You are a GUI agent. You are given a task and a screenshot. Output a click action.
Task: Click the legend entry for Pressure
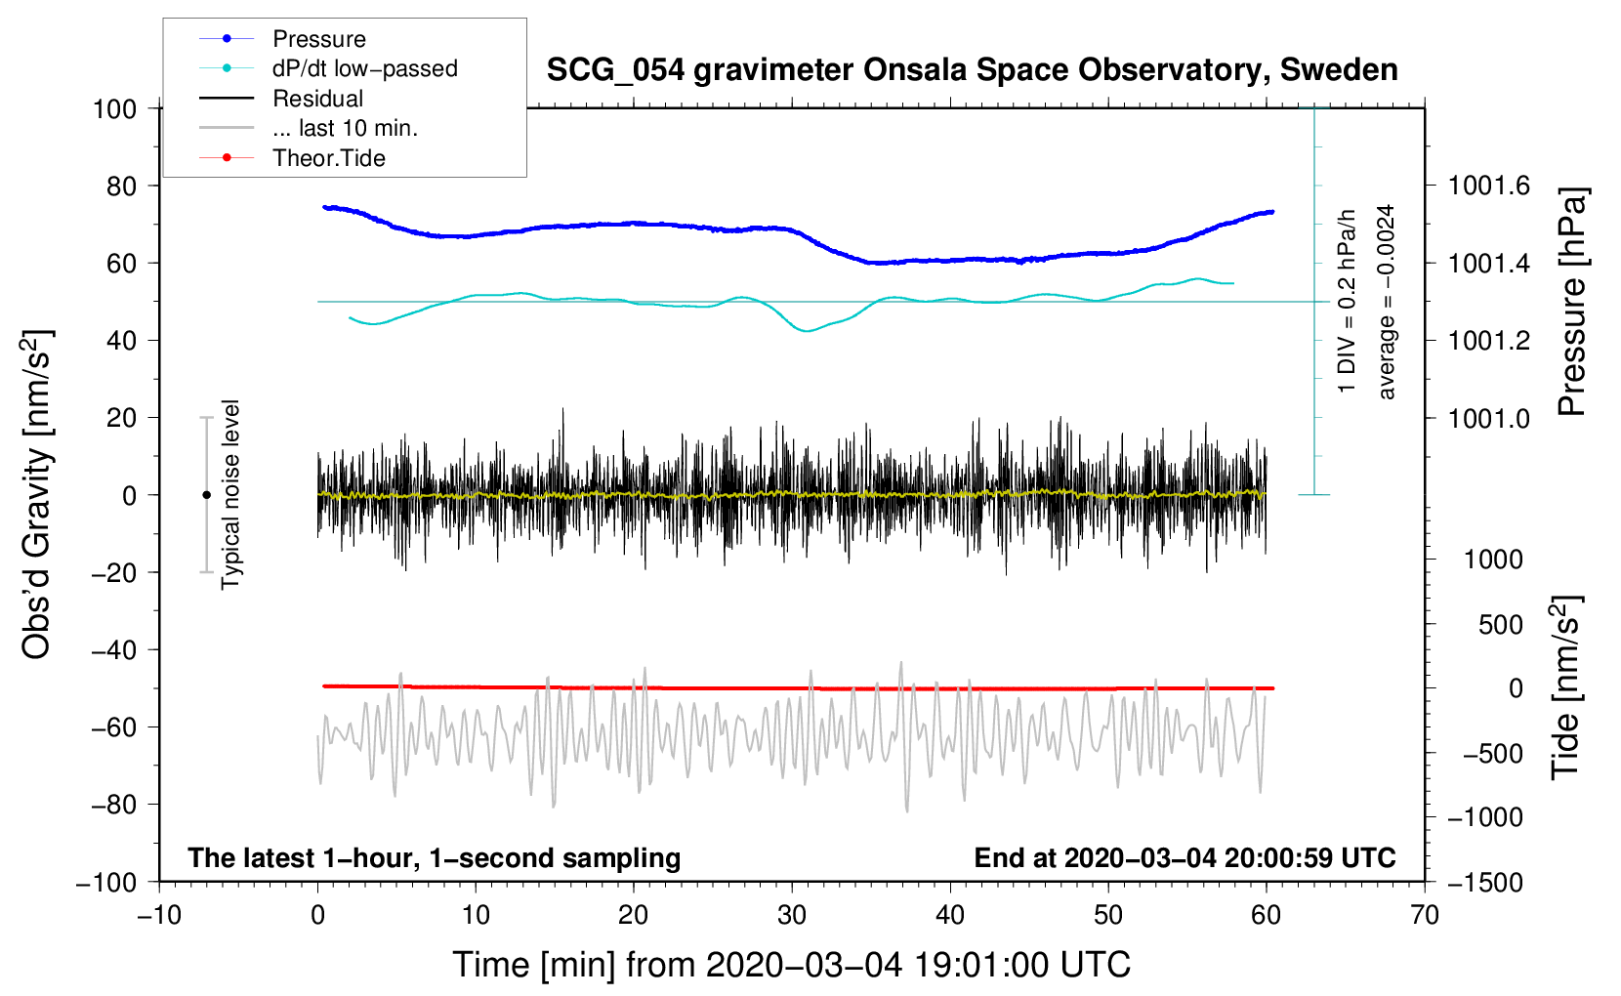[318, 39]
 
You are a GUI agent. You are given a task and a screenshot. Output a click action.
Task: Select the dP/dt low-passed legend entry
[364, 68]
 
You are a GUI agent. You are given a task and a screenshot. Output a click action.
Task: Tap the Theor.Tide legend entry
[328, 158]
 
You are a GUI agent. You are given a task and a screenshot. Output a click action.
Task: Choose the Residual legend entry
[317, 99]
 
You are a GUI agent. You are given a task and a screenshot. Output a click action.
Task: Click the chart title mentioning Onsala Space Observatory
[972, 70]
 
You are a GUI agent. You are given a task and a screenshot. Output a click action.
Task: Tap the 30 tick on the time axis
[792, 915]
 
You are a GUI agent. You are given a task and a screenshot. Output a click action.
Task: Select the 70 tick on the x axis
[1425, 915]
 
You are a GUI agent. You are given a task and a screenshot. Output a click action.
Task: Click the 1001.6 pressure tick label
[1489, 186]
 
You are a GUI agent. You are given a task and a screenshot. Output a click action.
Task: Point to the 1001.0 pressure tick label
[1489, 418]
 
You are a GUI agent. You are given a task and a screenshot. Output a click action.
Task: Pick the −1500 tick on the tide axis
[1485, 882]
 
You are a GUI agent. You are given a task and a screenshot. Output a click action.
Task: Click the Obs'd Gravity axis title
[37, 494]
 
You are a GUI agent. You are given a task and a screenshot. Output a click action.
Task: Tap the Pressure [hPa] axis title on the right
[1571, 302]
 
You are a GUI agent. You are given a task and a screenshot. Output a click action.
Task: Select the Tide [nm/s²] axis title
[1564, 688]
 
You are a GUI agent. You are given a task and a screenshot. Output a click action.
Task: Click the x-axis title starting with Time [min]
[791, 965]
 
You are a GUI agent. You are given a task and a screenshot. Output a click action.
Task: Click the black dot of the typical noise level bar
[206, 495]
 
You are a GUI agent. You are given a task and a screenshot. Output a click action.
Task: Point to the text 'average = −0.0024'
[1386, 302]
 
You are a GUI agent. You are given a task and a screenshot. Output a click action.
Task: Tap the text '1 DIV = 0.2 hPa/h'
[1348, 302]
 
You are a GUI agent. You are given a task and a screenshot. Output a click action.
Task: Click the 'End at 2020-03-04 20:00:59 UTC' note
[1185, 857]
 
